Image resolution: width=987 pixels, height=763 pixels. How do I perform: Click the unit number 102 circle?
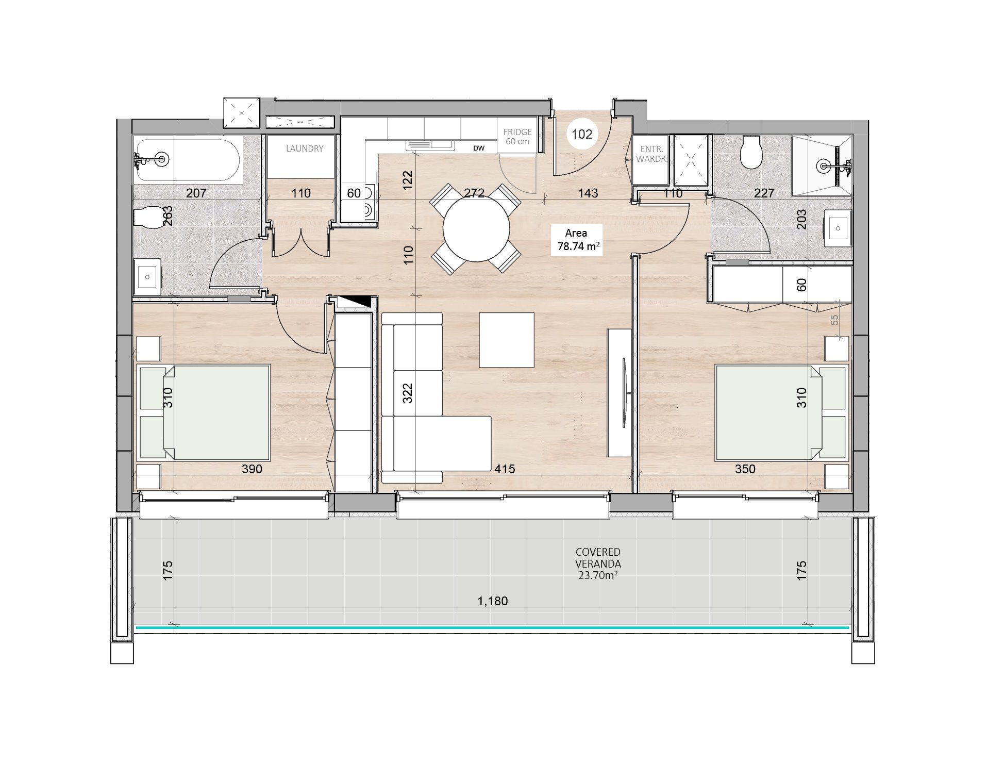(x=582, y=135)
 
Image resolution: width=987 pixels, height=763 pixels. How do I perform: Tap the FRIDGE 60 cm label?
(x=517, y=137)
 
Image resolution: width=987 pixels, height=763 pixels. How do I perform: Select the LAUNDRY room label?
(x=305, y=148)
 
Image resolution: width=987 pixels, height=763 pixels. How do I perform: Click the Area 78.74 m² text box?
(x=577, y=240)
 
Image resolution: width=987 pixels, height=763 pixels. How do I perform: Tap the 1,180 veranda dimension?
(x=493, y=601)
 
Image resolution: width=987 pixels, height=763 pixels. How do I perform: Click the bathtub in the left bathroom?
(x=187, y=160)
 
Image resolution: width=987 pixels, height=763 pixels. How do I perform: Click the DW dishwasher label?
(x=479, y=148)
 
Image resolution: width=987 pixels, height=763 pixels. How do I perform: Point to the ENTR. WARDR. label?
(x=651, y=154)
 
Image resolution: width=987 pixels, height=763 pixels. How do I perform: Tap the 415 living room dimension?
(x=505, y=469)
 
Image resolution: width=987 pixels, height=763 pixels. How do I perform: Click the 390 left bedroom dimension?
(x=252, y=469)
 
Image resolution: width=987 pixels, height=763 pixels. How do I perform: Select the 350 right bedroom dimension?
(x=745, y=469)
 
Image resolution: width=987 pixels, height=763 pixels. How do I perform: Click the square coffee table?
(x=507, y=340)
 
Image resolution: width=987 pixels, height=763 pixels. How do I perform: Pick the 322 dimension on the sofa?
(x=408, y=392)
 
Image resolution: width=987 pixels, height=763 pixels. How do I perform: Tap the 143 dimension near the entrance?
(x=588, y=193)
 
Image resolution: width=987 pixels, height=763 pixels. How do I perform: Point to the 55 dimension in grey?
(x=835, y=320)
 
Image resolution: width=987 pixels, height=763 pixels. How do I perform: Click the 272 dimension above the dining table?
(x=474, y=193)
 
